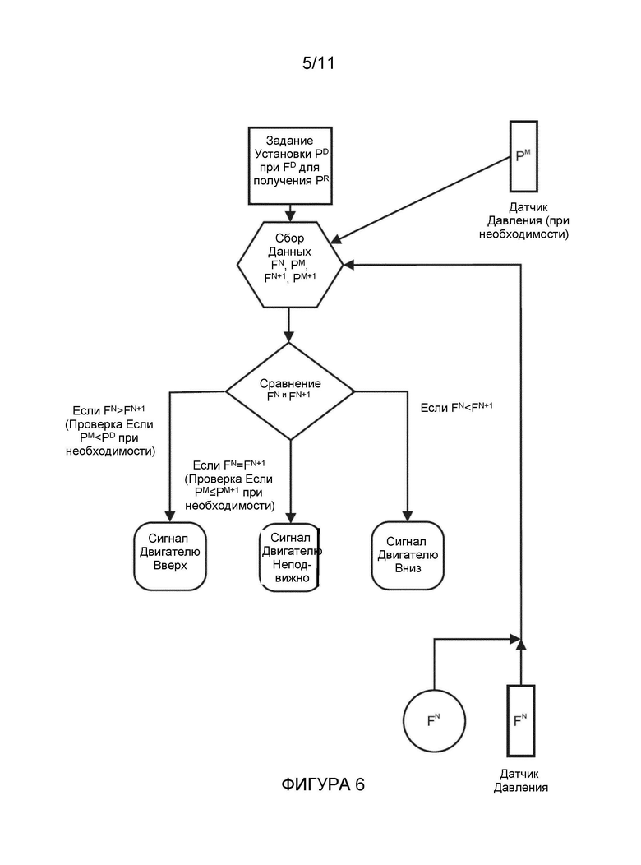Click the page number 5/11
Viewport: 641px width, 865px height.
point(318,62)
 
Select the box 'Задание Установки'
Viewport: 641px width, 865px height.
point(290,165)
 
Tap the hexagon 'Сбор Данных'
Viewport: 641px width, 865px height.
point(290,265)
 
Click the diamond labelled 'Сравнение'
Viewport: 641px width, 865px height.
point(290,391)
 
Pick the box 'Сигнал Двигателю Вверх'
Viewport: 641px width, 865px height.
point(170,556)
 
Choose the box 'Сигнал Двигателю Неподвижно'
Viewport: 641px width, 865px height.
point(290,557)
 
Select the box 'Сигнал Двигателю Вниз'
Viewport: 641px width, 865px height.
point(408,556)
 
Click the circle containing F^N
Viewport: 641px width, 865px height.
point(434,720)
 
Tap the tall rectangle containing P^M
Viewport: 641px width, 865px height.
point(523,156)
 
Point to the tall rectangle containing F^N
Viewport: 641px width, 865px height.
point(521,720)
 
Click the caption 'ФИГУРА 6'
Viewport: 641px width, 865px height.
point(323,784)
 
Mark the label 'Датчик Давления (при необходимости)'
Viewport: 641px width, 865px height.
point(524,220)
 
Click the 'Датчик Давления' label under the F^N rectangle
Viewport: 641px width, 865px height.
point(521,780)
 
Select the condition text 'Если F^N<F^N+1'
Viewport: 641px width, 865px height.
point(457,408)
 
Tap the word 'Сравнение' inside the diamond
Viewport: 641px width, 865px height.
point(290,383)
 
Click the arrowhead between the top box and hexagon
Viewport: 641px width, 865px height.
point(290,215)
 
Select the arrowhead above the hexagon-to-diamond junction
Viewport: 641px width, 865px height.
point(289,336)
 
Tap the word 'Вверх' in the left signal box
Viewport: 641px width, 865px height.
point(170,566)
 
